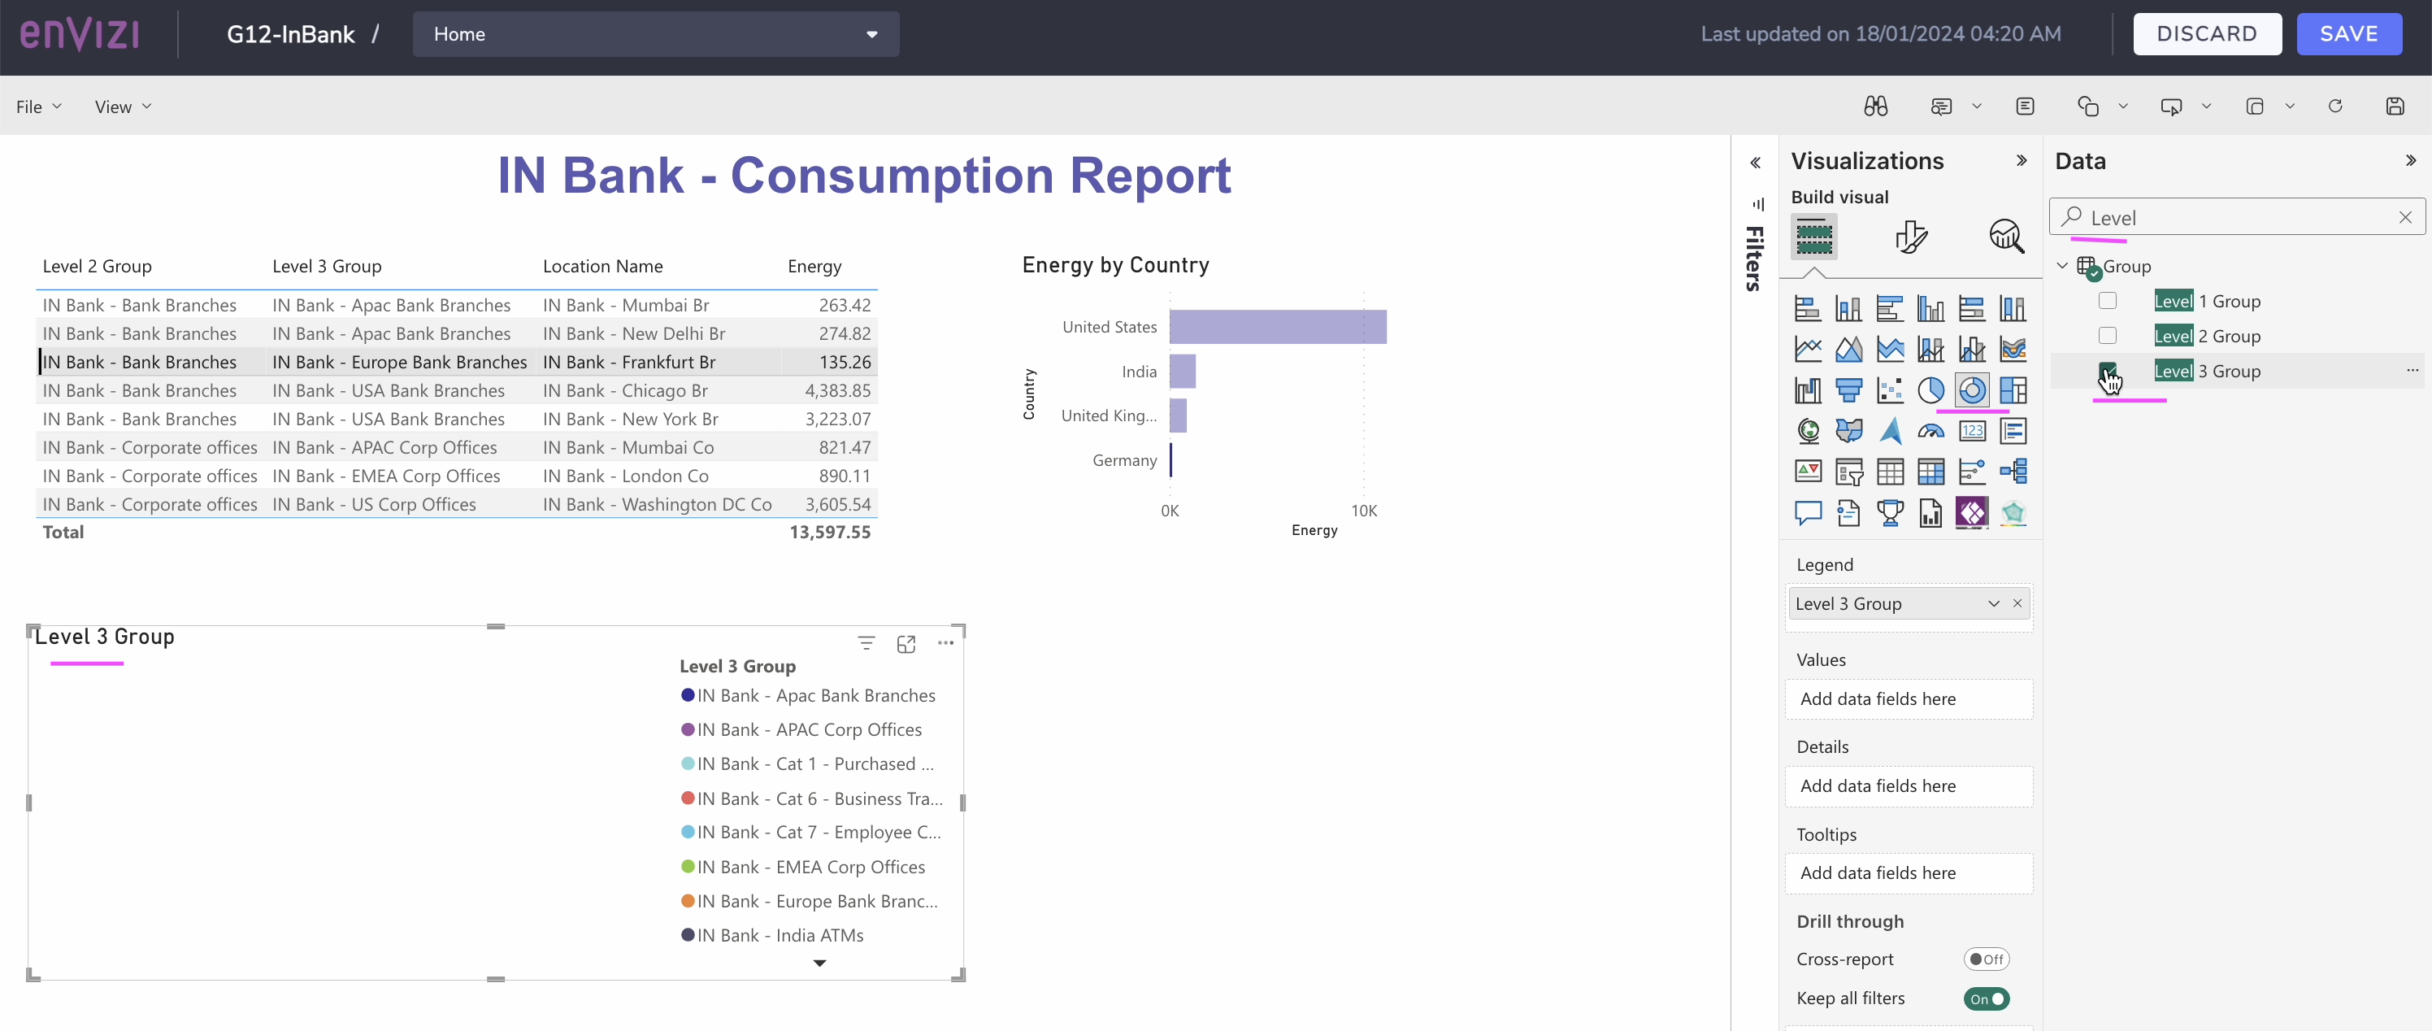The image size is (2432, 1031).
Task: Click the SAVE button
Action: tap(2348, 34)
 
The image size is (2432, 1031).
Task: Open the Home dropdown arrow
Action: tap(871, 34)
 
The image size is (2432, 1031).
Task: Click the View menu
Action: tap(122, 107)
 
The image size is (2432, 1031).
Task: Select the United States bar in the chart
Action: tap(1276, 327)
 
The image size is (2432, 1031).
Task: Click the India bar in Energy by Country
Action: tap(1182, 371)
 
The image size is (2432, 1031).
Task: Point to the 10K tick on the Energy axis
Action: tap(1363, 511)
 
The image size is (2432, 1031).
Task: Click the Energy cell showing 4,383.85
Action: tap(836, 390)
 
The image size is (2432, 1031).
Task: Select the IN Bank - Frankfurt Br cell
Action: tap(629, 362)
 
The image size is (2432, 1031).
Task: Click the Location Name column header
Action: tap(602, 266)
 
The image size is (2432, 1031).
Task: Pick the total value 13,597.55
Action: tap(829, 532)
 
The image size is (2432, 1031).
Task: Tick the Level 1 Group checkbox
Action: tap(2107, 301)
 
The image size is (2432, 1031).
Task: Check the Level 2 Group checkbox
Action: tap(2107, 336)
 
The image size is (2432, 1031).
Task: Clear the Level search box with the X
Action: tap(2404, 218)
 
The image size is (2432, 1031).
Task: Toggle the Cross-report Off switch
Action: tap(1986, 959)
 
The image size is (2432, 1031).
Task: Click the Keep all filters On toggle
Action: tap(1986, 999)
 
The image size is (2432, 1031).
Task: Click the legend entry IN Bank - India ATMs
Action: tap(779, 935)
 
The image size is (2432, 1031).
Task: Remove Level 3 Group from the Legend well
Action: tap(2017, 603)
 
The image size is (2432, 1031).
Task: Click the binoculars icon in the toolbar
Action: tap(1875, 107)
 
